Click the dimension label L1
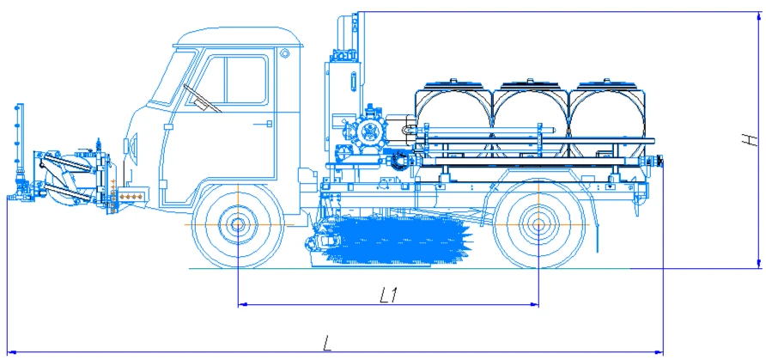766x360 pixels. [x=389, y=295]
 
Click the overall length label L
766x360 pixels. [x=328, y=344]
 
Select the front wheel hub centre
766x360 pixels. [x=238, y=225]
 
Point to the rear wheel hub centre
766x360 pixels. [x=538, y=225]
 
